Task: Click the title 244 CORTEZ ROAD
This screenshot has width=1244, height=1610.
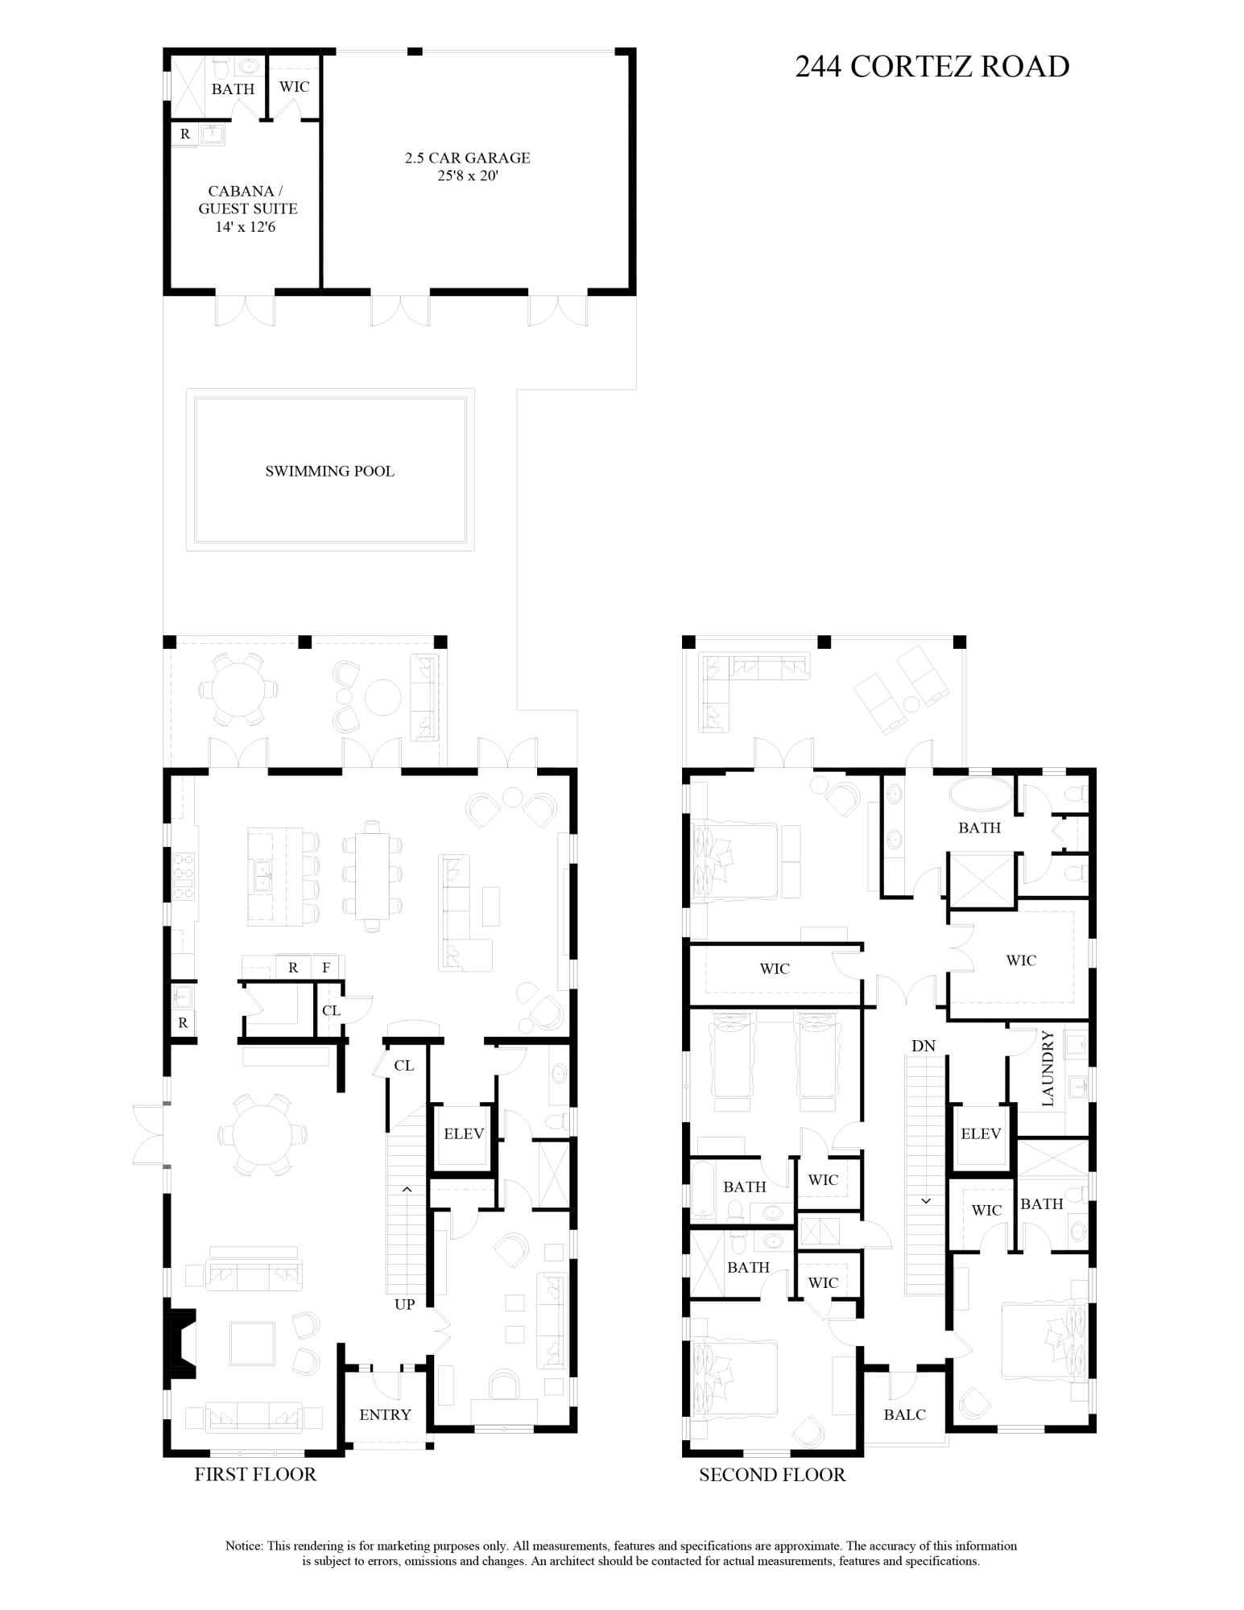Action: (x=932, y=67)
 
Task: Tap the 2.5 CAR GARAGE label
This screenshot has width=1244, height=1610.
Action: (x=467, y=158)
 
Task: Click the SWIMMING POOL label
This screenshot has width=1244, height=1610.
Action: (x=330, y=471)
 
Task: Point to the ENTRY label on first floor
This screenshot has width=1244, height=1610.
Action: (x=385, y=1414)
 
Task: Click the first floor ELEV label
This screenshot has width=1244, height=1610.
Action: (x=464, y=1133)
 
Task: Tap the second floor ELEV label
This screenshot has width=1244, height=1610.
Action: (x=981, y=1133)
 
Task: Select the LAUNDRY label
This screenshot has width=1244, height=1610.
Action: (x=1048, y=1068)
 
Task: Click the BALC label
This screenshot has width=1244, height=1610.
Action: (x=904, y=1414)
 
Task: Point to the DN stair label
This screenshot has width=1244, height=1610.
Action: (x=924, y=1046)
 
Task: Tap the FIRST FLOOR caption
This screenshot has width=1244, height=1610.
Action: (x=255, y=1474)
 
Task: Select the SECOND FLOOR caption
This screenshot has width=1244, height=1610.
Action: (x=772, y=1475)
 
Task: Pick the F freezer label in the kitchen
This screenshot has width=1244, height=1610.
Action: (x=326, y=968)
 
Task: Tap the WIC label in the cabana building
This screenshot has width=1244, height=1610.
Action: (x=294, y=86)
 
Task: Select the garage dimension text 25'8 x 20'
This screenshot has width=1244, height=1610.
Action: (x=467, y=176)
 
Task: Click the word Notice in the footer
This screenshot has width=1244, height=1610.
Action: (x=244, y=1546)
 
